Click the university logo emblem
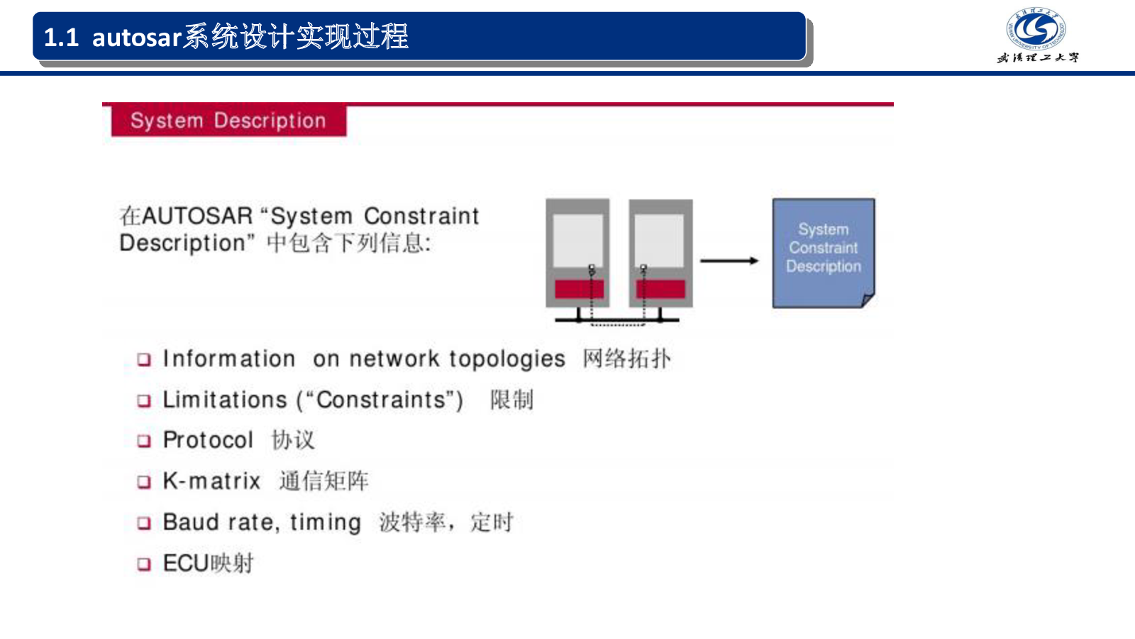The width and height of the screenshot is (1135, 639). [1036, 29]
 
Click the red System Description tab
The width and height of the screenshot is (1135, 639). [228, 121]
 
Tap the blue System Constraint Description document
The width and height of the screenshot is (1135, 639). [823, 253]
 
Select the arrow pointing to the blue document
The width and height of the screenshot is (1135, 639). [729, 261]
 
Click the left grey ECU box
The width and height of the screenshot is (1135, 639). [577, 252]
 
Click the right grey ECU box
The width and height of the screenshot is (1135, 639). [660, 252]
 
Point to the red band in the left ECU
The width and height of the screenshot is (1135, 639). [579, 289]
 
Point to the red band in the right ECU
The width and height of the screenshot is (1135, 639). [660, 289]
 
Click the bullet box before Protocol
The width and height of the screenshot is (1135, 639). [144, 441]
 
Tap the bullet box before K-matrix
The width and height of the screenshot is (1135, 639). [144, 482]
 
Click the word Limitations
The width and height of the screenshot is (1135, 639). [225, 400]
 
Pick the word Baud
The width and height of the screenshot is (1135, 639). [191, 523]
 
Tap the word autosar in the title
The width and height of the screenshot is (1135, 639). [137, 37]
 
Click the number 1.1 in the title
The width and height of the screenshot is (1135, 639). [61, 37]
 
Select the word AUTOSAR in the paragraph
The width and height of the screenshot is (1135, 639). [197, 216]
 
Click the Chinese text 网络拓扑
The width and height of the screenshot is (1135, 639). [626, 359]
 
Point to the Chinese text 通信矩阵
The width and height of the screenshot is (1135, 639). [323, 481]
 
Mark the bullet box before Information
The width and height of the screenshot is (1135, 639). [144, 359]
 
